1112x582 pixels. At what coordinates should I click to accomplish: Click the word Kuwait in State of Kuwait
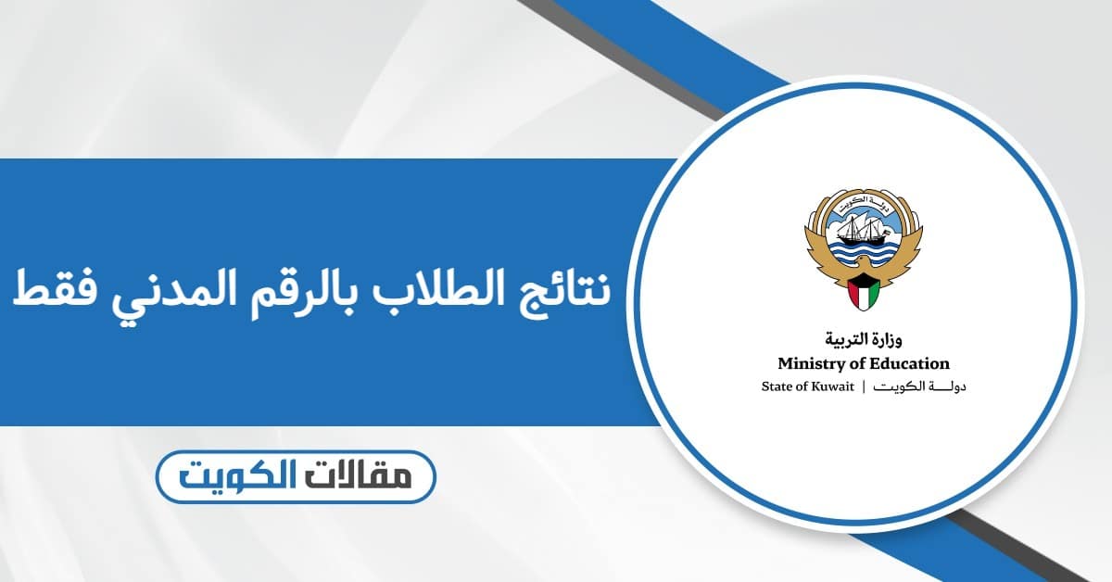coord(832,386)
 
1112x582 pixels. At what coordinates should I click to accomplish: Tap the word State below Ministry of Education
coord(776,386)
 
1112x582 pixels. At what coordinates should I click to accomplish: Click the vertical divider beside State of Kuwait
coord(864,386)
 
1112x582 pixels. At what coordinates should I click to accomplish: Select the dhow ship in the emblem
coord(861,226)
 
